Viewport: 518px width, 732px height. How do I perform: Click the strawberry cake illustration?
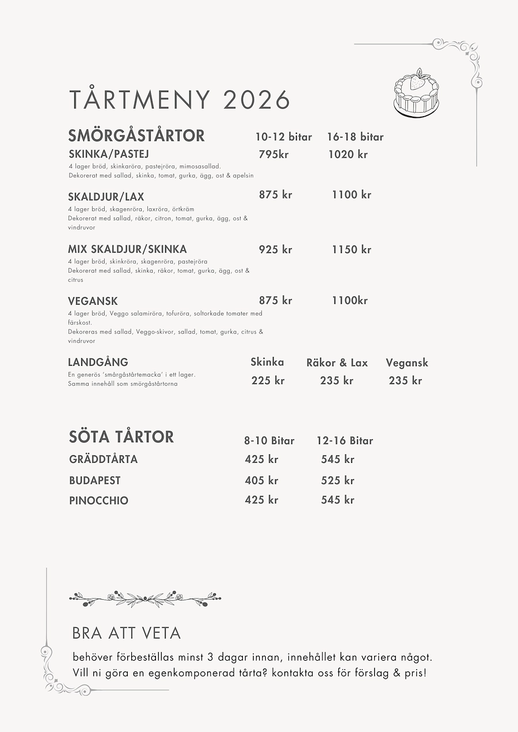tap(416, 94)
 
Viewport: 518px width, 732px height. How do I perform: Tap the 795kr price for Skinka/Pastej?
tap(273, 154)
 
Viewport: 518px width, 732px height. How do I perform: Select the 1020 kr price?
tap(348, 154)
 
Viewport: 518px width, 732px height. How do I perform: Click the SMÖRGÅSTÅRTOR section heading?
tap(136, 136)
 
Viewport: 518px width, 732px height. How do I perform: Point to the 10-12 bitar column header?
tap(283, 137)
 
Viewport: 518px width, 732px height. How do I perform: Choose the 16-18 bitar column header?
tap(355, 137)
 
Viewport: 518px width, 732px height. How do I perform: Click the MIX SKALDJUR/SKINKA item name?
tap(127, 250)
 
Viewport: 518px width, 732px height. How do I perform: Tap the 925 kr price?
tap(275, 250)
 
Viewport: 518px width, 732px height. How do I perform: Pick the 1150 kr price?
tap(351, 250)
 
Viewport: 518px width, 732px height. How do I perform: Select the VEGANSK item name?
tap(93, 301)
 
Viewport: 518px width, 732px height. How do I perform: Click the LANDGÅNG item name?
tap(98, 362)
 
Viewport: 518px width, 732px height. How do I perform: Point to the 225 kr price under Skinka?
tap(268, 381)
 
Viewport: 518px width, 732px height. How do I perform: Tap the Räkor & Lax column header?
tap(337, 363)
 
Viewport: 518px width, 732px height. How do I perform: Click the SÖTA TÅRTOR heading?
tap(121, 437)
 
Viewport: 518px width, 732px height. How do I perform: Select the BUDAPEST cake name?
tap(95, 481)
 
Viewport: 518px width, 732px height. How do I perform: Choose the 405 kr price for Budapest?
tap(261, 481)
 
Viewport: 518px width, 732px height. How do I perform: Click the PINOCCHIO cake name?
tap(98, 500)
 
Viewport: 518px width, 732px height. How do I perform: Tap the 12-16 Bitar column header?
tap(345, 441)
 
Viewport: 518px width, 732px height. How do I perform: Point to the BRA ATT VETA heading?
tap(127, 633)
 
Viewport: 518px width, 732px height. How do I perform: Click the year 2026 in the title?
tap(256, 99)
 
